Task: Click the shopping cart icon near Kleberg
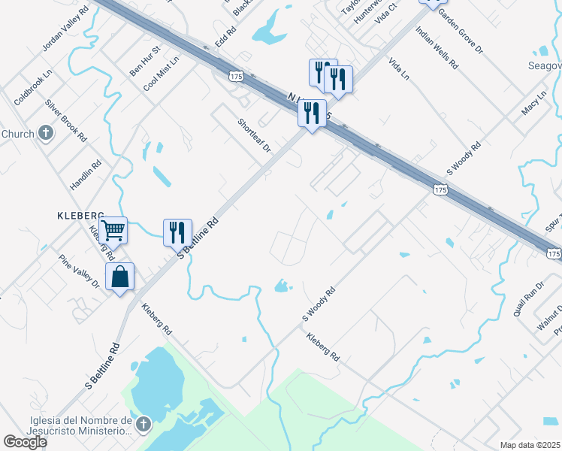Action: pos(113,229)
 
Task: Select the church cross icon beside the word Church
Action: pos(46,134)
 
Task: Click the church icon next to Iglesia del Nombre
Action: pos(143,425)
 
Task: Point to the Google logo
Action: pos(25,442)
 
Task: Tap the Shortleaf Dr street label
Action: pos(254,136)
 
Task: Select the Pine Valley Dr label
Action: pos(80,271)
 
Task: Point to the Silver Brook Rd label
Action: pos(66,121)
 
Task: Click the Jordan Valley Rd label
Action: pos(65,29)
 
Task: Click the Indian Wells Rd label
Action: pos(437,50)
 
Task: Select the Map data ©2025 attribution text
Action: pos(530,445)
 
